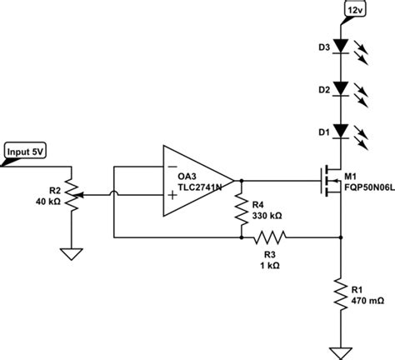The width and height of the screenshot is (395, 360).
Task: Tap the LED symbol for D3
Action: pyautogui.click(x=341, y=47)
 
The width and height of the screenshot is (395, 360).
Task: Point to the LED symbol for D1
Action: pyautogui.click(x=341, y=131)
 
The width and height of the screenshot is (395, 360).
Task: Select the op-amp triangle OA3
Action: pyautogui.click(x=197, y=178)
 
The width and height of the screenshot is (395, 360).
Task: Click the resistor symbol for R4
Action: pyautogui.click(x=240, y=207)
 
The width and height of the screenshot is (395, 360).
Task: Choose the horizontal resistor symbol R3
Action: pyautogui.click(x=268, y=237)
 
